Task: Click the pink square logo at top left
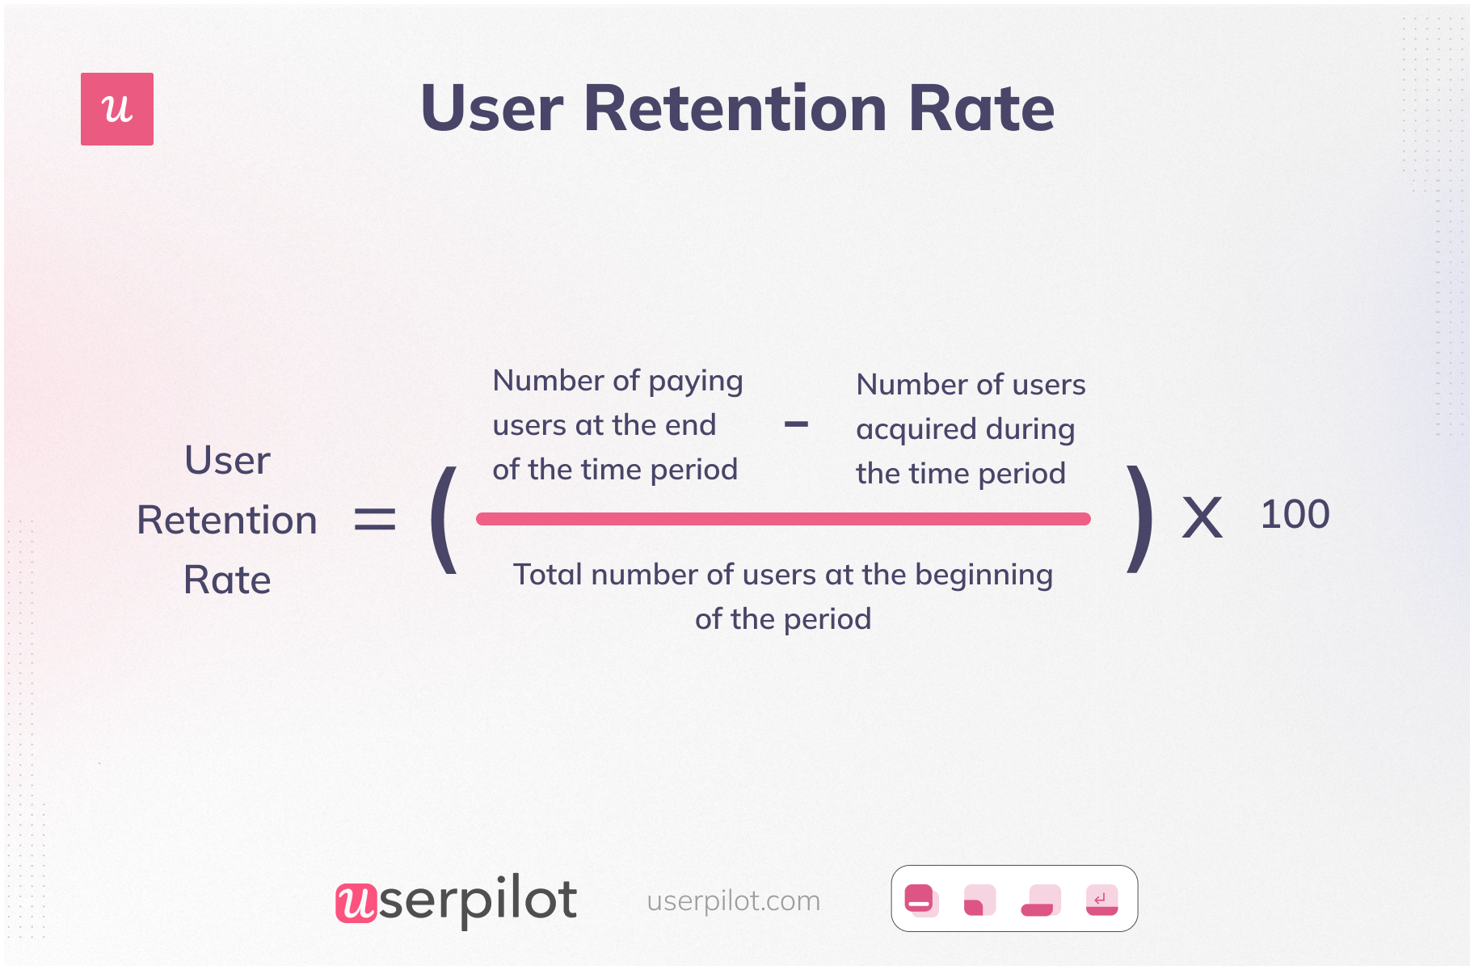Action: point(117,109)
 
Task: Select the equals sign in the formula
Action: point(375,519)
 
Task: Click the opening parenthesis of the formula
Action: point(444,520)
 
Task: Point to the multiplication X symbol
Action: point(1202,518)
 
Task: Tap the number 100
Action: point(1295,515)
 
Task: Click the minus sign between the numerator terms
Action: point(796,424)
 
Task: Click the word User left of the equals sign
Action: point(227,461)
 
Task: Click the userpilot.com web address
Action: point(733,900)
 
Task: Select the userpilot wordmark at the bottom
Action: point(457,900)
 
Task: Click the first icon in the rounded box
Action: point(920,900)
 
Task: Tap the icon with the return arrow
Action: point(1101,900)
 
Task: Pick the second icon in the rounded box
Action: point(979,900)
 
